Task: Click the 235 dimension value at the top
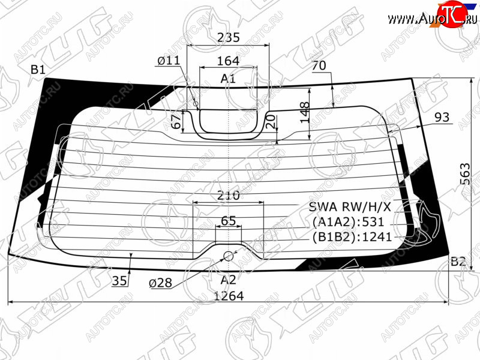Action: [229, 37]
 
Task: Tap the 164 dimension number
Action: [228, 61]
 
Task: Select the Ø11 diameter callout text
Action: [169, 61]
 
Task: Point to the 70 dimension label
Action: [319, 65]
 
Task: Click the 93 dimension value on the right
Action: [442, 117]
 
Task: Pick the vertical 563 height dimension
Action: [464, 174]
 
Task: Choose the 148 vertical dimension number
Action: [305, 113]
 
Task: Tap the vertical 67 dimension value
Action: [176, 122]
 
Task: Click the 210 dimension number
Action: [229, 195]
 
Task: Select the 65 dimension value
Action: [229, 221]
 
